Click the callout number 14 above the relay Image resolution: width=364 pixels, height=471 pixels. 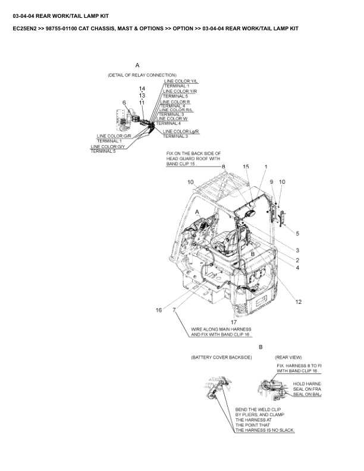[x=142, y=89]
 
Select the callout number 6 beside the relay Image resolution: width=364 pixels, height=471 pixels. [x=124, y=103]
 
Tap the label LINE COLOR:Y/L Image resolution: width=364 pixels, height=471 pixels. [x=177, y=81]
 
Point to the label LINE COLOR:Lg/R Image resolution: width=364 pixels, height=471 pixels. [x=180, y=131]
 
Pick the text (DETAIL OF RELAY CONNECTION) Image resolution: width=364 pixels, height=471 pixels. [x=138, y=75]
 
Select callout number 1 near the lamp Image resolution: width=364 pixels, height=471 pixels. [x=266, y=167]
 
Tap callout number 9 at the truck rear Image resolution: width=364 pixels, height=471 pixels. [x=271, y=181]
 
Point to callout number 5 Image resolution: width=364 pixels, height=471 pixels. [x=297, y=233]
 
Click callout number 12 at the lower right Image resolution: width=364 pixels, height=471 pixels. [x=299, y=302]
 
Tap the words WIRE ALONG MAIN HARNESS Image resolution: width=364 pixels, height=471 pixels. [x=221, y=329]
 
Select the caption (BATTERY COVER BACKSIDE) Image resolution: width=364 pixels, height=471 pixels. [x=221, y=357]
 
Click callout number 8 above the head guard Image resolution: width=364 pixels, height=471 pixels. [x=223, y=167]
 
